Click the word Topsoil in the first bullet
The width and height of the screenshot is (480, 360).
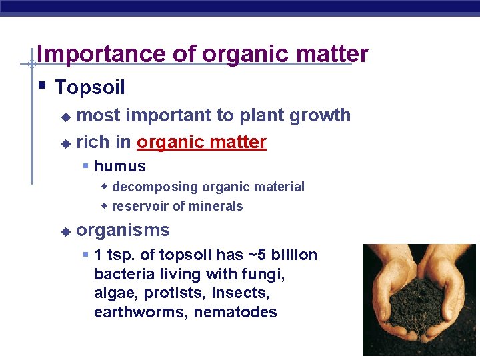(x=90, y=87)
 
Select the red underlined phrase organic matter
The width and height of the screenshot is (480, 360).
(x=201, y=142)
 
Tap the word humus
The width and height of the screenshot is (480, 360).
(x=120, y=166)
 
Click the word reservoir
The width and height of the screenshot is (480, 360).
(x=141, y=206)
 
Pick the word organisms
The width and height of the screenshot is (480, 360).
(x=123, y=231)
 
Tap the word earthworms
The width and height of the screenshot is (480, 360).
(x=141, y=313)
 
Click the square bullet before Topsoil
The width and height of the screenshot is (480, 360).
(x=42, y=86)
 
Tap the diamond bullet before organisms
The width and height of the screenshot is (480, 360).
(x=65, y=232)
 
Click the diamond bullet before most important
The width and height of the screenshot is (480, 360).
(x=65, y=117)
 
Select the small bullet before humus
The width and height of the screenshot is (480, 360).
(x=85, y=165)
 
